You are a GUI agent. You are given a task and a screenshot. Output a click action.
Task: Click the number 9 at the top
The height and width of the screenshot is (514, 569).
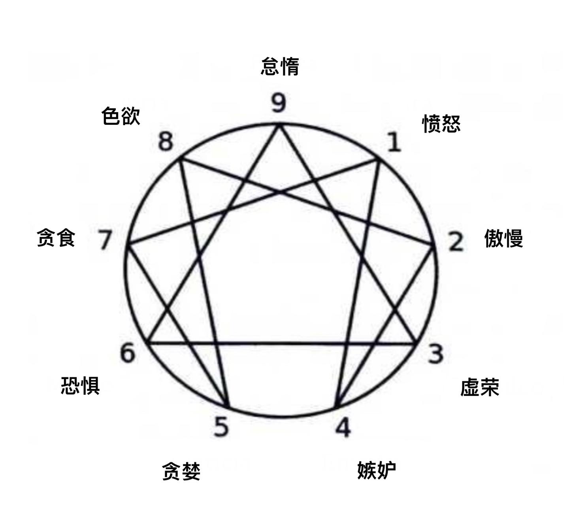click(279, 103)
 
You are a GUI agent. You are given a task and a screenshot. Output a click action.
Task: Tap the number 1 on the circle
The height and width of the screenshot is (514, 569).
click(394, 143)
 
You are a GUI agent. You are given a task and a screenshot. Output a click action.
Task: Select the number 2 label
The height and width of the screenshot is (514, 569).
click(456, 242)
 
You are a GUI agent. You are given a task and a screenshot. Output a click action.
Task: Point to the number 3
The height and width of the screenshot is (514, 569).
click(435, 353)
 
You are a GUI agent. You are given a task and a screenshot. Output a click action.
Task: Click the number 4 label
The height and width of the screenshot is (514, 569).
click(343, 428)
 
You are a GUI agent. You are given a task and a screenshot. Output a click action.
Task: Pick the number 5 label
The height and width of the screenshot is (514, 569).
click(221, 427)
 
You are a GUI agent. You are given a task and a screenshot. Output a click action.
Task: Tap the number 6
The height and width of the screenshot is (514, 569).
click(128, 353)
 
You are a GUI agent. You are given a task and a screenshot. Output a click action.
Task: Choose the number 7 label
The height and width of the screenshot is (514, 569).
click(104, 240)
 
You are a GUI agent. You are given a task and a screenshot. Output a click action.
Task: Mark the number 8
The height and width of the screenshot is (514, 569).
click(166, 142)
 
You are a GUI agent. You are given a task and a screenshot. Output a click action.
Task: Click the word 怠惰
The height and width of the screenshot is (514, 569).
click(280, 66)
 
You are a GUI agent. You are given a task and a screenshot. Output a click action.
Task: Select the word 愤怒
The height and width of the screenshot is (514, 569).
click(441, 124)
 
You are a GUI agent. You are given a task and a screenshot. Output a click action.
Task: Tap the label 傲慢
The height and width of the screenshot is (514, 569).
click(503, 238)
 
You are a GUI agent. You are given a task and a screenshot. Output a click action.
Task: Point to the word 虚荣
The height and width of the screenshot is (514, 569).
click(480, 387)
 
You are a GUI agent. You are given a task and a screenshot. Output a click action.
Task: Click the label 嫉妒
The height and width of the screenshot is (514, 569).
click(377, 470)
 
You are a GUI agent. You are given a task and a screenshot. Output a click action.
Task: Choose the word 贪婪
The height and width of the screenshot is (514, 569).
click(181, 471)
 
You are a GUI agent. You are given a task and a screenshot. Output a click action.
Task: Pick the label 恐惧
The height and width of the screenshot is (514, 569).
click(80, 386)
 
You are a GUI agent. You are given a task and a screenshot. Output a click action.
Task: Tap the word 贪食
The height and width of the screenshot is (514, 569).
click(56, 238)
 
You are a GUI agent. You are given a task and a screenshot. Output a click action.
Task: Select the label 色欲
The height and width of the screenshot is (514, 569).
click(121, 116)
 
